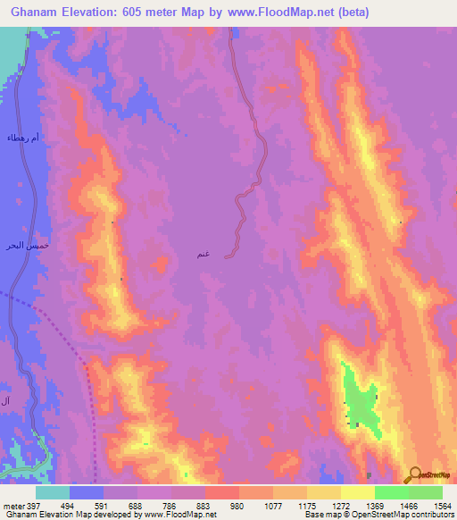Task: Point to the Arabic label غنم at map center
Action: tap(204, 255)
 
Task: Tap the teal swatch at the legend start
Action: tap(53, 492)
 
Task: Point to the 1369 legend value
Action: tap(357, 505)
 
